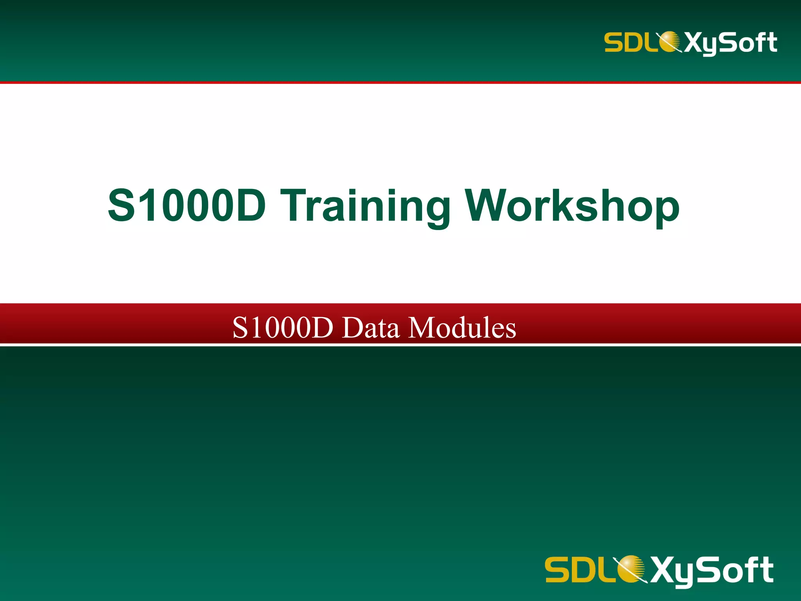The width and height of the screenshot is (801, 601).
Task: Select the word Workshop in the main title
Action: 572,206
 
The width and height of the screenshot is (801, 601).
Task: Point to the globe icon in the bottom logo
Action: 630,569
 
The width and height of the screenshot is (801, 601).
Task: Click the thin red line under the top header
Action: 400,83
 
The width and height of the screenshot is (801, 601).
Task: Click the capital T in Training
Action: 295,205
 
